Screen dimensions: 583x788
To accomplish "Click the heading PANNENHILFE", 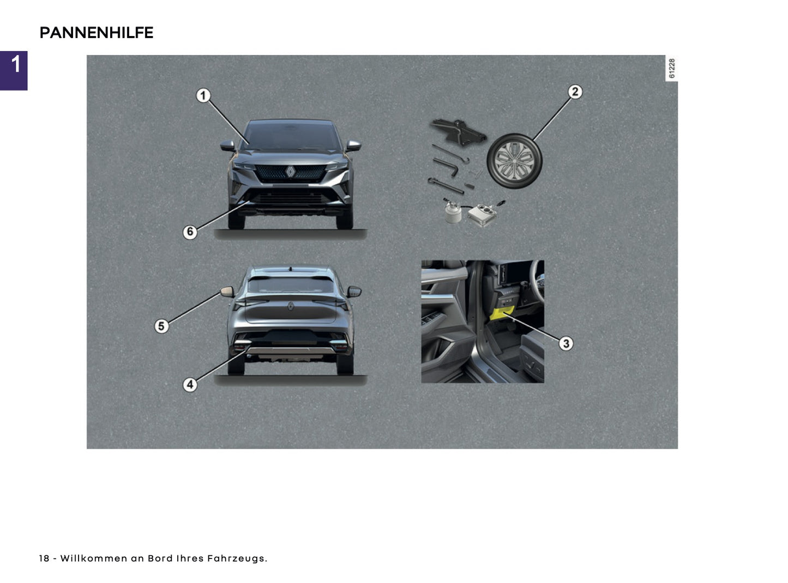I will click(97, 33).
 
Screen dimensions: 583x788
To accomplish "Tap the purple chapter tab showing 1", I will click(14, 70).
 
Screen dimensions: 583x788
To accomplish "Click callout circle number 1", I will click(203, 96).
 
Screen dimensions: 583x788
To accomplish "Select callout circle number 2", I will click(574, 92).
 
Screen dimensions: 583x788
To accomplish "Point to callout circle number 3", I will click(566, 343).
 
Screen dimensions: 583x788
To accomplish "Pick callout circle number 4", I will click(190, 385).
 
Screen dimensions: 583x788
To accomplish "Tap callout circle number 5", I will click(161, 326).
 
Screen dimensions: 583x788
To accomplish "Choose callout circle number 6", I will click(190, 232).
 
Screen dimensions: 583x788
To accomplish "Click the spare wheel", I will click(514, 161).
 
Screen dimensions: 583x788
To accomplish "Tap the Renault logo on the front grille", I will click(290, 172).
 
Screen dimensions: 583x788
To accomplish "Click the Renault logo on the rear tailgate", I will click(291, 307).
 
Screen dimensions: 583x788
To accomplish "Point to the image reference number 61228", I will click(671, 68).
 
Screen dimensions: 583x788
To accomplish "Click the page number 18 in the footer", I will click(44, 558).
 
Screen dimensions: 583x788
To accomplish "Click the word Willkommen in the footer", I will click(93, 558).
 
